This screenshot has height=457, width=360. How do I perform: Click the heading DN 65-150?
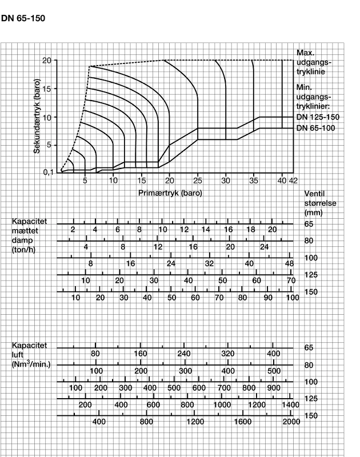[x=23, y=18]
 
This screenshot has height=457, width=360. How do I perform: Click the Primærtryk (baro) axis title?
[x=170, y=193]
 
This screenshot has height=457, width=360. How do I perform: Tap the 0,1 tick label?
[x=49, y=172]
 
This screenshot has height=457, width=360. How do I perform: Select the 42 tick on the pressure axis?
[x=294, y=180]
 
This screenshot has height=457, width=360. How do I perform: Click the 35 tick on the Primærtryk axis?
[x=254, y=180]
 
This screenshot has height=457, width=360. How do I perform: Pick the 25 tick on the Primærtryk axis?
[x=198, y=180]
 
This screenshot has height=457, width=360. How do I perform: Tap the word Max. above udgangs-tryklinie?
[x=306, y=53]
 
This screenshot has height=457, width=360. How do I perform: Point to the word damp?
[x=21, y=240]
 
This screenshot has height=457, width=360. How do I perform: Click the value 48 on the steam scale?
[x=289, y=263]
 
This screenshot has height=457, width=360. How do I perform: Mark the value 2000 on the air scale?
[x=291, y=422]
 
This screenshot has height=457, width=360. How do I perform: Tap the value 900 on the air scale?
[x=273, y=388]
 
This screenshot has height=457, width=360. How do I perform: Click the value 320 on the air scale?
[x=227, y=354]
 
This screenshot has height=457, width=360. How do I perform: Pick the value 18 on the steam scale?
[x=250, y=229]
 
